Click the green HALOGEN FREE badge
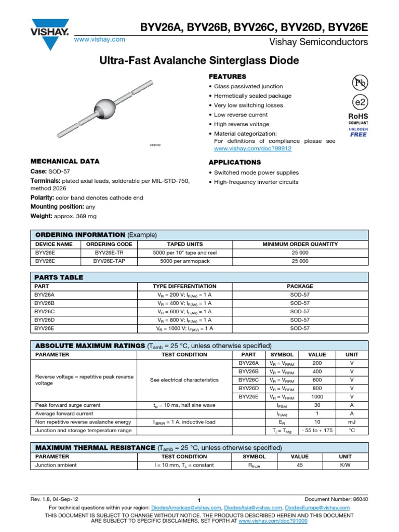(x=358, y=132)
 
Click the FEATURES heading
(x=227, y=76)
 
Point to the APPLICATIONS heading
(x=234, y=162)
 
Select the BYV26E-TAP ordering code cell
(x=109, y=261)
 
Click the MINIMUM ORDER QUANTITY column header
(x=300, y=244)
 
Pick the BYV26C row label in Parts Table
(x=45, y=312)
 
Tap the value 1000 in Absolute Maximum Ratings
(x=317, y=397)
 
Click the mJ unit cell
(x=352, y=422)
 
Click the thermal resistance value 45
(x=300, y=465)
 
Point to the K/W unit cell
(x=345, y=465)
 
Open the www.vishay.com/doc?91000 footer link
(x=273, y=520)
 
